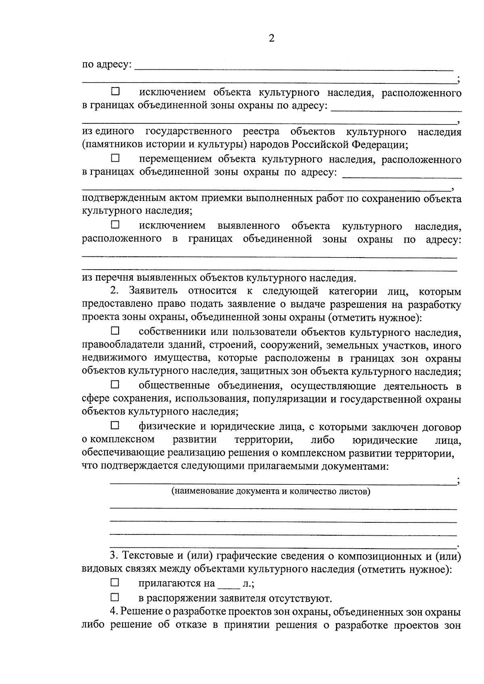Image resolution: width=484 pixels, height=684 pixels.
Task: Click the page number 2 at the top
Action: pos(271,39)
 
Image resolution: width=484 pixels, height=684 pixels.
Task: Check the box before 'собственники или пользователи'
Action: pos(115,331)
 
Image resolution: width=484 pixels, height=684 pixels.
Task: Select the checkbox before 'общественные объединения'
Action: pos(115,385)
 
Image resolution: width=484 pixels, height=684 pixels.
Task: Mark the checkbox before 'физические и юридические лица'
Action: pos(115,425)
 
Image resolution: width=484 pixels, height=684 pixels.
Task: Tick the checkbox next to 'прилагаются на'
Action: pos(115,582)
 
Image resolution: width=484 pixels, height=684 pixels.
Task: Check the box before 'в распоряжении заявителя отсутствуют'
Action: pos(115,597)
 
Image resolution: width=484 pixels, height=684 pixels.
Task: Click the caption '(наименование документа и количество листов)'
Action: pos(271,491)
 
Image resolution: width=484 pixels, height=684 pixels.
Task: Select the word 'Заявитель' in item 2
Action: pos(153,291)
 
